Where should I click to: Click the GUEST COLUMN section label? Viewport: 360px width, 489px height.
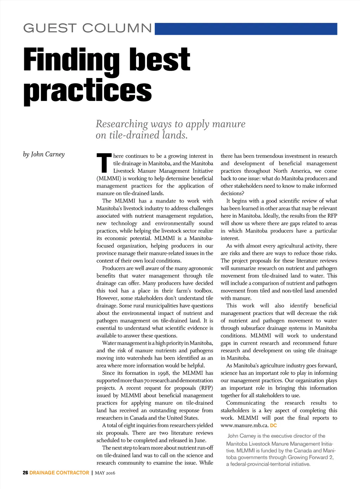(x=88, y=28)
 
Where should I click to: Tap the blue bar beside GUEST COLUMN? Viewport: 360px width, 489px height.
(x=246, y=29)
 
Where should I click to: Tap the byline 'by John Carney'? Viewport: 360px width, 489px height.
(x=44, y=154)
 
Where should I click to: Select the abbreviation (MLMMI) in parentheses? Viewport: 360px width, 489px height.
(x=109, y=178)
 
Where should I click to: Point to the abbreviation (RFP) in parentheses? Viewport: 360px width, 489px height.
(x=206, y=388)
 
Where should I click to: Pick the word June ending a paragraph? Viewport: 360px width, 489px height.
(x=200, y=440)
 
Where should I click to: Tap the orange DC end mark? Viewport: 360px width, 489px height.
(x=274, y=426)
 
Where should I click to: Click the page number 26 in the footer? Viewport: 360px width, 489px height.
(x=25, y=473)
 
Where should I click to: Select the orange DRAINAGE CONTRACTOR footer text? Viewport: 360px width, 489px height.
(x=59, y=473)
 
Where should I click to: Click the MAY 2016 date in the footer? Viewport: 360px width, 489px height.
(x=105, y=473)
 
